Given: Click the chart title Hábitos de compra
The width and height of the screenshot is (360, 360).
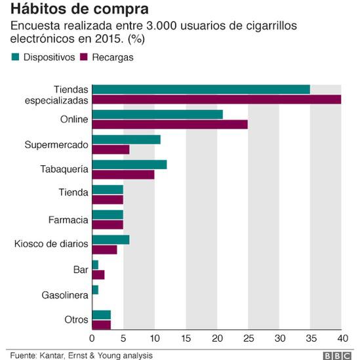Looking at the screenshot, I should pos(78,10).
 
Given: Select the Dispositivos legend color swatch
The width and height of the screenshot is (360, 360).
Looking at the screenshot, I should pos(15,57).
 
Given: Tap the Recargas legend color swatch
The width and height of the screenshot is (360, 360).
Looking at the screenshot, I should pos(83,57).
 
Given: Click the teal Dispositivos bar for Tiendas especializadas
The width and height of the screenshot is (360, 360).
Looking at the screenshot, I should pos(201,89).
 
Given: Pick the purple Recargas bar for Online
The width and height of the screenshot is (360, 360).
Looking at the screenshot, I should pos(170,124).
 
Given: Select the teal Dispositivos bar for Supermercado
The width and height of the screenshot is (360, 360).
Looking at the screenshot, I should pos(126,139).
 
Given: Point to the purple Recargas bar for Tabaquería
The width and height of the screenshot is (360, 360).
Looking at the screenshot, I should pos(123,174).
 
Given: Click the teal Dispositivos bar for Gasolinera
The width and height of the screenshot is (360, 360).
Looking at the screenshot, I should pos(95,289).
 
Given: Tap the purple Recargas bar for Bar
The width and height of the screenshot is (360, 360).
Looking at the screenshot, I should pos(98,274).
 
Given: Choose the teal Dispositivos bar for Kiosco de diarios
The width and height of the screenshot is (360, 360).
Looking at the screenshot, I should pos(111,239).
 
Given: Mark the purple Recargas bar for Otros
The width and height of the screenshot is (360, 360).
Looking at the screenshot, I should pos(102,324).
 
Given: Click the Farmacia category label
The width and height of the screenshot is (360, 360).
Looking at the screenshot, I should pos(69,219).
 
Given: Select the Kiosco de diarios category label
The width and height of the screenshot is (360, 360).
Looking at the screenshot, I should pos(51,244).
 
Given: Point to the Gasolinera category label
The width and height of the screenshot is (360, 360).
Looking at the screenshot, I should pos(65,294).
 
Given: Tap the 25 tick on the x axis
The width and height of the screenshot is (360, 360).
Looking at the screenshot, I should pos(248,338).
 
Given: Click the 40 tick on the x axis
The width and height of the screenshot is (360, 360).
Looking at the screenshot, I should pos(341,338).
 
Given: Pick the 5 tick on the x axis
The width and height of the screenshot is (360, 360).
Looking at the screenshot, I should pos(123,338).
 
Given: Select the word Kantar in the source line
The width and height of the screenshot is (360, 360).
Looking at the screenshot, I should pos(55,354).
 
